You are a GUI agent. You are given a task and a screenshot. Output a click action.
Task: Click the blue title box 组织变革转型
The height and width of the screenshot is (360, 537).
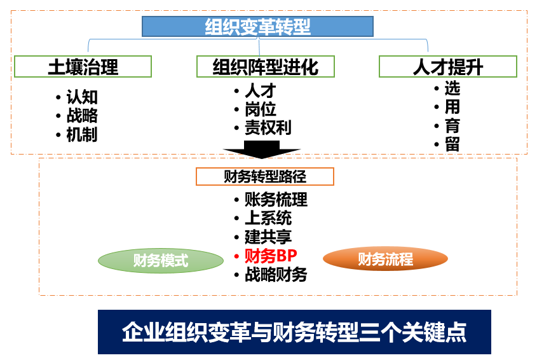tap(257, 27)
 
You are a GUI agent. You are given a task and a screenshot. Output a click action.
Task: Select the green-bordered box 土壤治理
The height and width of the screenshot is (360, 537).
tap(83, 67)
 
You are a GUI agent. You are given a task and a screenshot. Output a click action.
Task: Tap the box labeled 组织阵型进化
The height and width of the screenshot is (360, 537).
tap(266, 67)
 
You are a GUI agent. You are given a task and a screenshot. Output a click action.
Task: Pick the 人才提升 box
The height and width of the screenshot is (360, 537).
tap(448, 67)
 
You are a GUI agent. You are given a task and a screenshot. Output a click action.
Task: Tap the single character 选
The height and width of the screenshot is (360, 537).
tap(452, 88)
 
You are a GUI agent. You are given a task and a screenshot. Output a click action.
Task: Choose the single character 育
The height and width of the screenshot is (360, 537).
tap(452, 126)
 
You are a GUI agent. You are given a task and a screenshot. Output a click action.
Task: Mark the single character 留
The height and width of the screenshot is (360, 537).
tap(452, 144)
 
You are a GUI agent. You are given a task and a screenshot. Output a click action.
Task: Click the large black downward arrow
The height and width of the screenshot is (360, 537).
tap(262, 150)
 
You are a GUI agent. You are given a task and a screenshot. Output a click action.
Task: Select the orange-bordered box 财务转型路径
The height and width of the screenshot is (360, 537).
tap(265, 177)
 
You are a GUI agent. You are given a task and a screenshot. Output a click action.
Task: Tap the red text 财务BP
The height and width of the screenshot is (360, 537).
tap(271, 256)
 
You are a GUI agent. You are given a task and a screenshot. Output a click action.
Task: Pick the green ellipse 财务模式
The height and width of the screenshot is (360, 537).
tap(161, 261)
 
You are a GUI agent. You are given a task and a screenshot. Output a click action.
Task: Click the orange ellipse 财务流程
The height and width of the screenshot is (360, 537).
tap(385, 259)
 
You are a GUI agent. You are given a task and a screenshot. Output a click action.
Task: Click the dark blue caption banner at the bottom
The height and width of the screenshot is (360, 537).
tap(294, 332)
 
